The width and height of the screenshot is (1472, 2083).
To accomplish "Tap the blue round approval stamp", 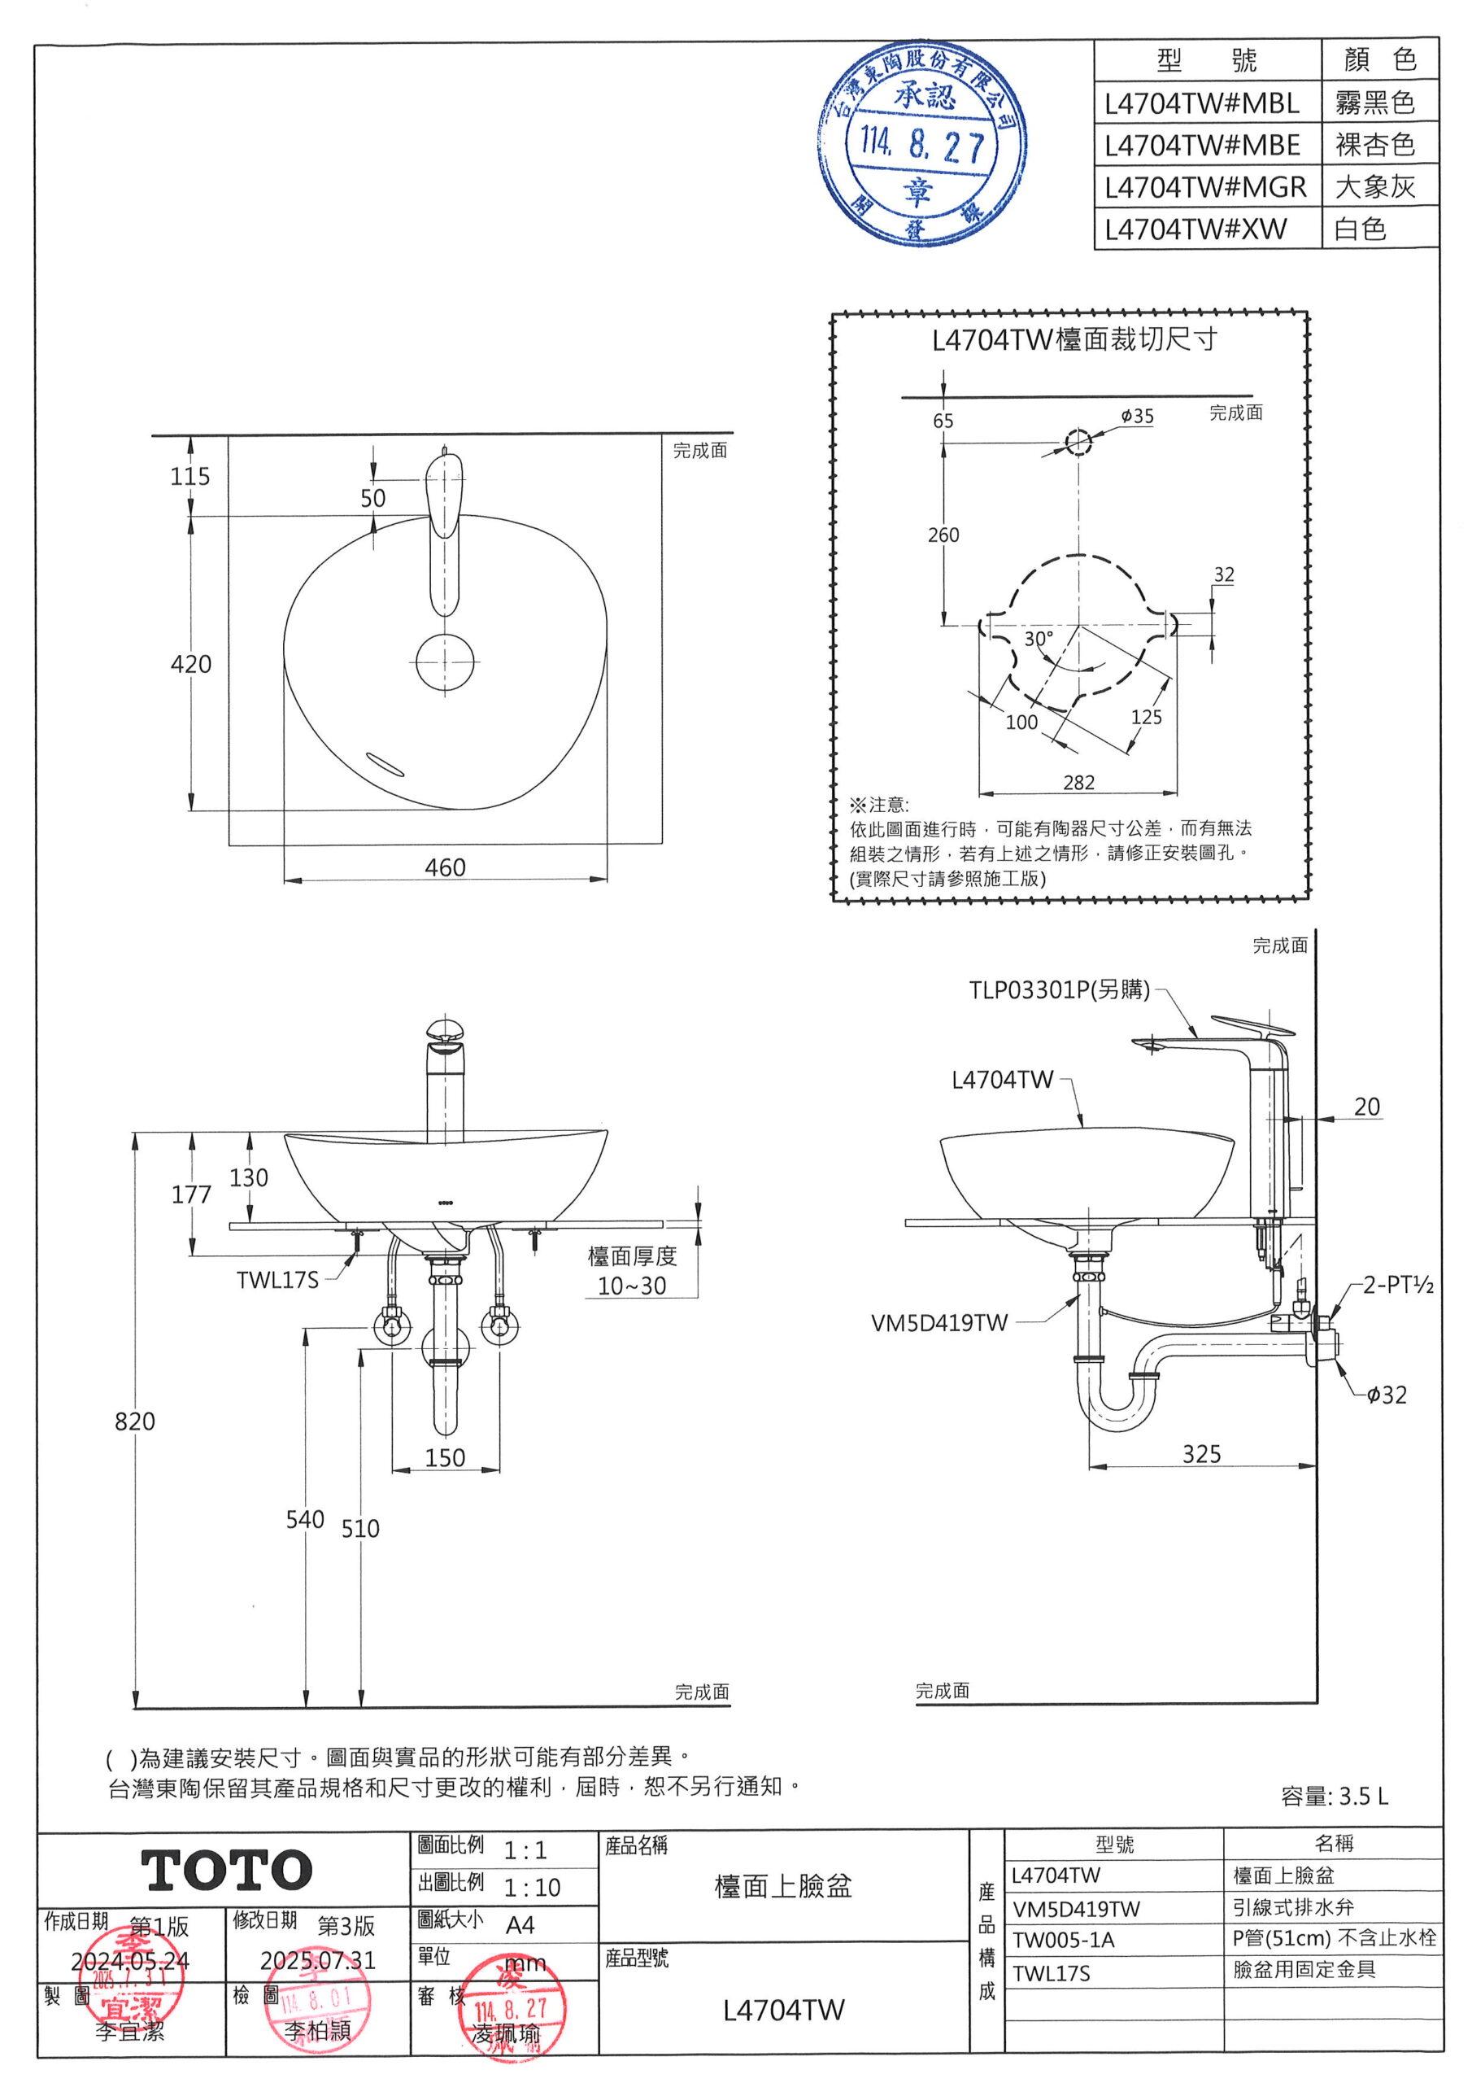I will click(922, 143).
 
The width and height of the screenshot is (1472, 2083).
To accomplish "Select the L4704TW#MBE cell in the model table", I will click(1202, 145).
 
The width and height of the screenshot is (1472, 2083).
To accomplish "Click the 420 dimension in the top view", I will click(190, 664).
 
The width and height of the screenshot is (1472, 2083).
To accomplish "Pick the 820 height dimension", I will click(134, 1421).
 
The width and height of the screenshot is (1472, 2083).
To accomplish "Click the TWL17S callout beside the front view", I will click(277, 1279).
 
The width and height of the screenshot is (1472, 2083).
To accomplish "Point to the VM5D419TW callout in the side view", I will click(939, 1323).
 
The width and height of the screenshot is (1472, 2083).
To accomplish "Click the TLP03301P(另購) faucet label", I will click(1058, 989).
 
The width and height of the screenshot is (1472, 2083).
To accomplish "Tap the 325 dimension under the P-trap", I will click(1201, 1453).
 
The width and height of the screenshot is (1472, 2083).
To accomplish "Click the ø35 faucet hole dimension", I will click(1136, 417).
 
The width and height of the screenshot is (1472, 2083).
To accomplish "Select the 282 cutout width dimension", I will click(1078, 782).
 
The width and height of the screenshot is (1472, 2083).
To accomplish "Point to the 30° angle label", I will click(1039, 639).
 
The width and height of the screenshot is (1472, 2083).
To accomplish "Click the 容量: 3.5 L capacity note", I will click(1334, 1796).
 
